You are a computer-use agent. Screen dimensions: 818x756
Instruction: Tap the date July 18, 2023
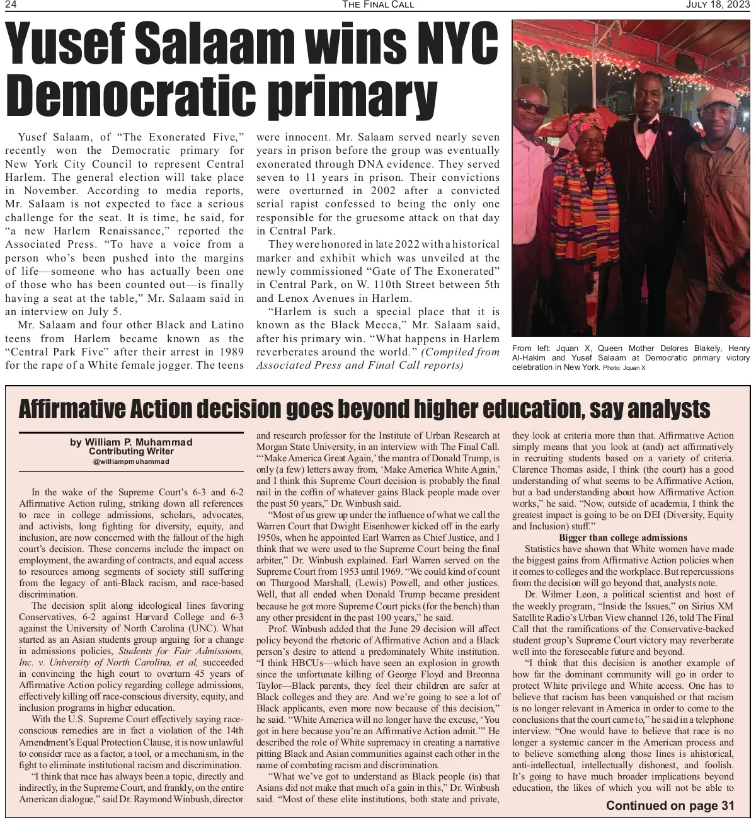[719, 5]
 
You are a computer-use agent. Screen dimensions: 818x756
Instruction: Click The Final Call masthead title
[378, 5]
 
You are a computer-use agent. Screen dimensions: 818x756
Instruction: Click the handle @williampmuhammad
[131, 461]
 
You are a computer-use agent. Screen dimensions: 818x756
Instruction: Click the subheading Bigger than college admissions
[622, 538]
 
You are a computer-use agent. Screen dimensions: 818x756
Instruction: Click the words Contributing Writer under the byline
[131, 451]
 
